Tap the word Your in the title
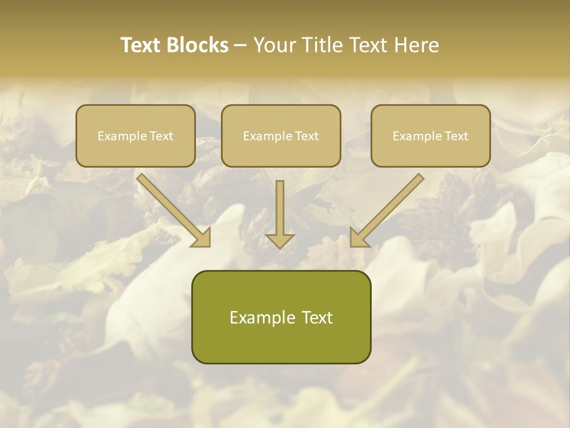(275, 45)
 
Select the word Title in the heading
(321, 45)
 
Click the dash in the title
(240, 46)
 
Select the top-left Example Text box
(135, 136)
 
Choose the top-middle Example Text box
(281, 136)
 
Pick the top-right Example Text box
(430, 136)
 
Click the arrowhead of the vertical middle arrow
(280, 240)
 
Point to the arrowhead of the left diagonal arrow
(202, 238)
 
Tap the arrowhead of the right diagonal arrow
(359, 238)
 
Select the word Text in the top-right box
(455, 136)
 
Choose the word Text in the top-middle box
(306, 136)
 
